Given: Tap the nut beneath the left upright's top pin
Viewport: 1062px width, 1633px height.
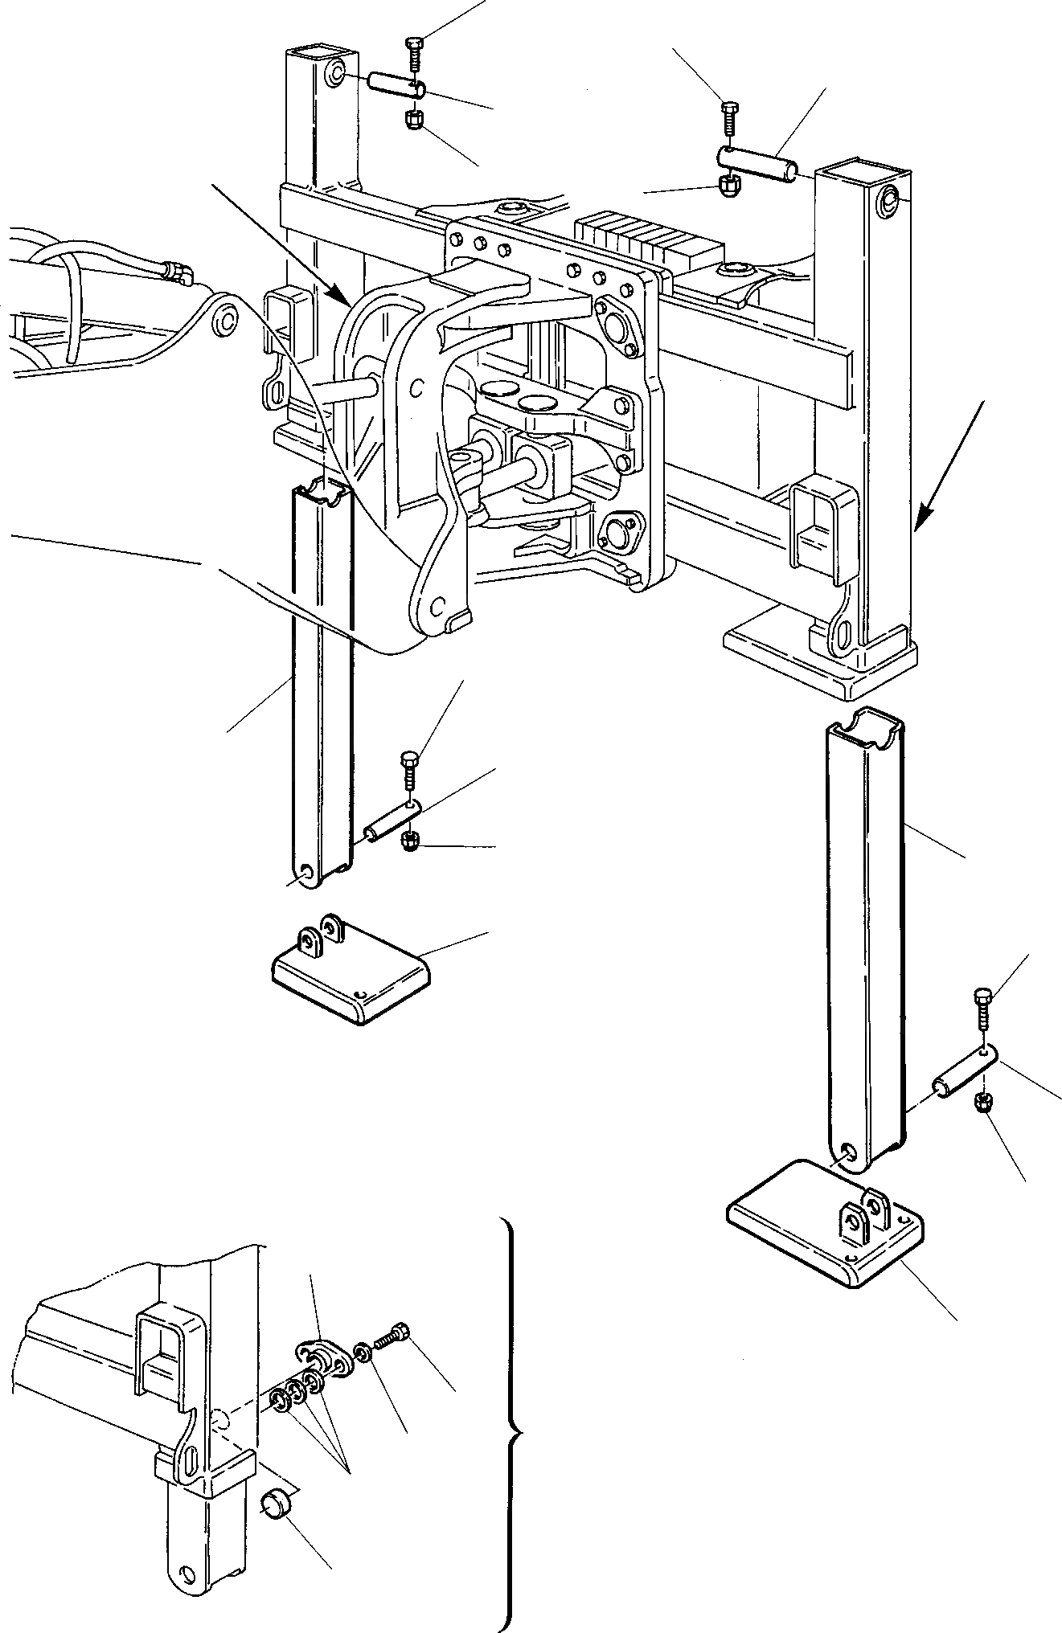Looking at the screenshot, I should [x=415, y=121].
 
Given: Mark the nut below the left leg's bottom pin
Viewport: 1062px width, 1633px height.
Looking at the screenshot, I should [x=410, y=841].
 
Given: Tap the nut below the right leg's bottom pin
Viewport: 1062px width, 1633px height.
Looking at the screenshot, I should [x=982, y=1103].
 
